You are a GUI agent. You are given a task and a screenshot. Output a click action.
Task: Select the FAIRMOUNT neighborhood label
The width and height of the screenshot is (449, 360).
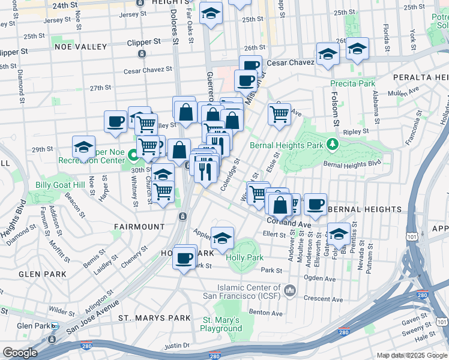[139, 227]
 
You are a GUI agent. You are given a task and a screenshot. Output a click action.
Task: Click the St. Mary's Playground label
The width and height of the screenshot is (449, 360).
[222, 324]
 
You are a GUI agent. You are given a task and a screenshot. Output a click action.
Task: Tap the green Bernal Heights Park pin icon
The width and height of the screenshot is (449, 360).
[331, 145]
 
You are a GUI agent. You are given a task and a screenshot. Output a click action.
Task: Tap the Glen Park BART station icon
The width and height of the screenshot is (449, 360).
[55, 326]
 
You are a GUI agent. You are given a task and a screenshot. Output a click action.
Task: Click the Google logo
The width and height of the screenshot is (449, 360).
[20, 353]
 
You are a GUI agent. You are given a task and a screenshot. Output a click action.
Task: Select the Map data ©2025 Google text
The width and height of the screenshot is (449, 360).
[411, 355]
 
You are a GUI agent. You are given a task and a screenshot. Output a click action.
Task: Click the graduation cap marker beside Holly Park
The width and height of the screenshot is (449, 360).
[222, 238]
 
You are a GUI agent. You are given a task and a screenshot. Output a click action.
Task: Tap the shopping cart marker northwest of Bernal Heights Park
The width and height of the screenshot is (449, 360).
[279, 112]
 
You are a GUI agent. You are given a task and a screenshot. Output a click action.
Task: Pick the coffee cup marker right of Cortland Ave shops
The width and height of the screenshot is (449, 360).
[315, 203]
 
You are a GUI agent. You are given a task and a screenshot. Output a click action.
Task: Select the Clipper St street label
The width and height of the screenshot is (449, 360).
[144, 43]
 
